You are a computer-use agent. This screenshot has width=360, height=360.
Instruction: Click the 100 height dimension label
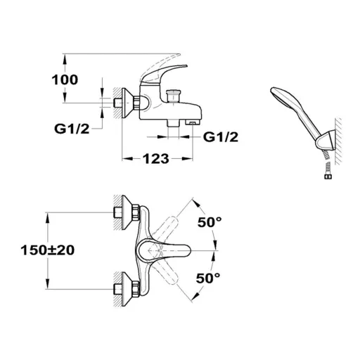(x=65, y=79)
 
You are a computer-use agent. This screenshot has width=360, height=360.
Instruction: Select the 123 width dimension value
(x=156, y=159)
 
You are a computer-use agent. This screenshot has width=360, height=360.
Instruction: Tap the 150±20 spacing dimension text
(x=48, y=250)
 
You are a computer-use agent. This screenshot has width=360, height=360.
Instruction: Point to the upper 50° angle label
(x=210, y=222)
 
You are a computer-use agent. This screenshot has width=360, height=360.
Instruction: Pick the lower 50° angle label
(x=208, y=278)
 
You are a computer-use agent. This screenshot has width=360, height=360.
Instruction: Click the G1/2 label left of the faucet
(x=72, y=129)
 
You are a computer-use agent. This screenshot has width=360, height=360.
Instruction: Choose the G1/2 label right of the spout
(x=221, y=137)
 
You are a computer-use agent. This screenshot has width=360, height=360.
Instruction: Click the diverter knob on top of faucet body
(x=173, y=96)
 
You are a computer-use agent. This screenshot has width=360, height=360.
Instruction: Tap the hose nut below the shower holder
(x=328, y=176)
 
